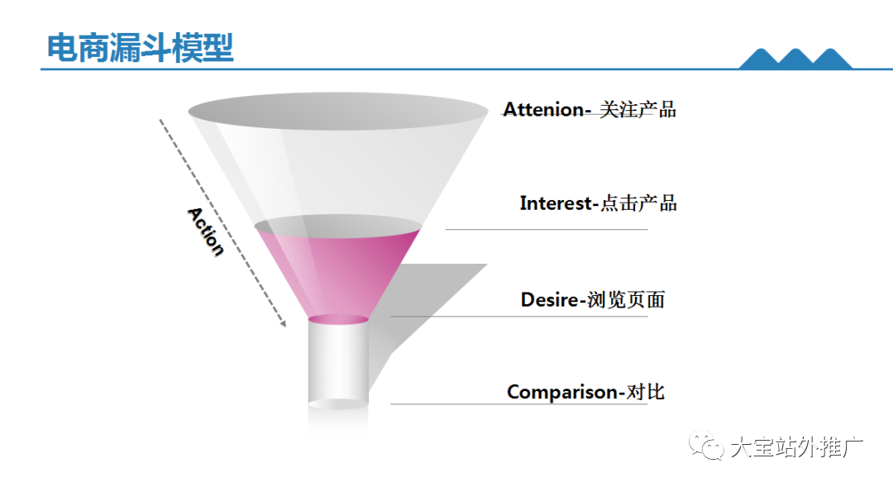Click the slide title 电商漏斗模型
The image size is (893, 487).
(x=140, y=48)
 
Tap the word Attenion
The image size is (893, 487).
(x=542, y=109)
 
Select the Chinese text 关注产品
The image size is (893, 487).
(x=638, y=109)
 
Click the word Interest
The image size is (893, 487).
(x=556, y=203)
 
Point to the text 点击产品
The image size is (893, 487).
(x=638, y=203)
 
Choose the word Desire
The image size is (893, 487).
(x=550, y=299)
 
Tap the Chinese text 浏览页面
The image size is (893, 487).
(x=626, y=299)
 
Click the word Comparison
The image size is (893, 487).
(x=562, y=393)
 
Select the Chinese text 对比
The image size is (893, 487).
(x=645, y=392)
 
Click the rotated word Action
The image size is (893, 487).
(x=206, y=232)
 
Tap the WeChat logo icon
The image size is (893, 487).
(x=705, y=446)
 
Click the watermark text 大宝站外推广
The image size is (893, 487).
(x=796, y=447)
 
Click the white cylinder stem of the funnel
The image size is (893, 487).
(x=338, y=361)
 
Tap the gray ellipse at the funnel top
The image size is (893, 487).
(x=338, y=111)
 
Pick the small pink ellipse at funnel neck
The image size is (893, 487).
(x=338, y=319)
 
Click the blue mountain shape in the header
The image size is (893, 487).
(x=795, y=59)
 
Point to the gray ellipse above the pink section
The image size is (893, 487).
(x=338, y=226)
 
